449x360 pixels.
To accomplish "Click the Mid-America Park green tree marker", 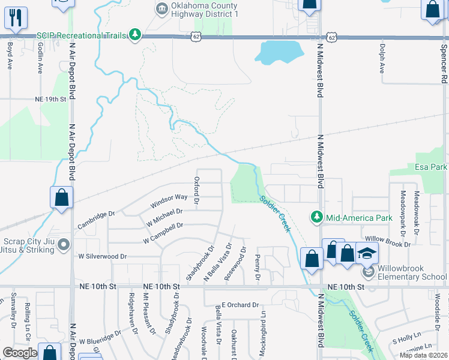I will pyautogui.click(x=316, y=216).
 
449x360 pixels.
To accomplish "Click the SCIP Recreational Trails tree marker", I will pyautogui.click(x=136, y=36).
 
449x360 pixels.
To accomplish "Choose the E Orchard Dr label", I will pyautogui.click(x=240, y=305).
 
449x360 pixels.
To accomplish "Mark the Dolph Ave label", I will pyautogui.click(x=382, y=58).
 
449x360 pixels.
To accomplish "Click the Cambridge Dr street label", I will pyautogui.click(x=95, y=221).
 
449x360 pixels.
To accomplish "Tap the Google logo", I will pyautogui.click(x=20, y=353).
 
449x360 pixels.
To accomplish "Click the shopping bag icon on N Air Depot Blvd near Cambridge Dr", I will pyautogui.click(x=61, y=197).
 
